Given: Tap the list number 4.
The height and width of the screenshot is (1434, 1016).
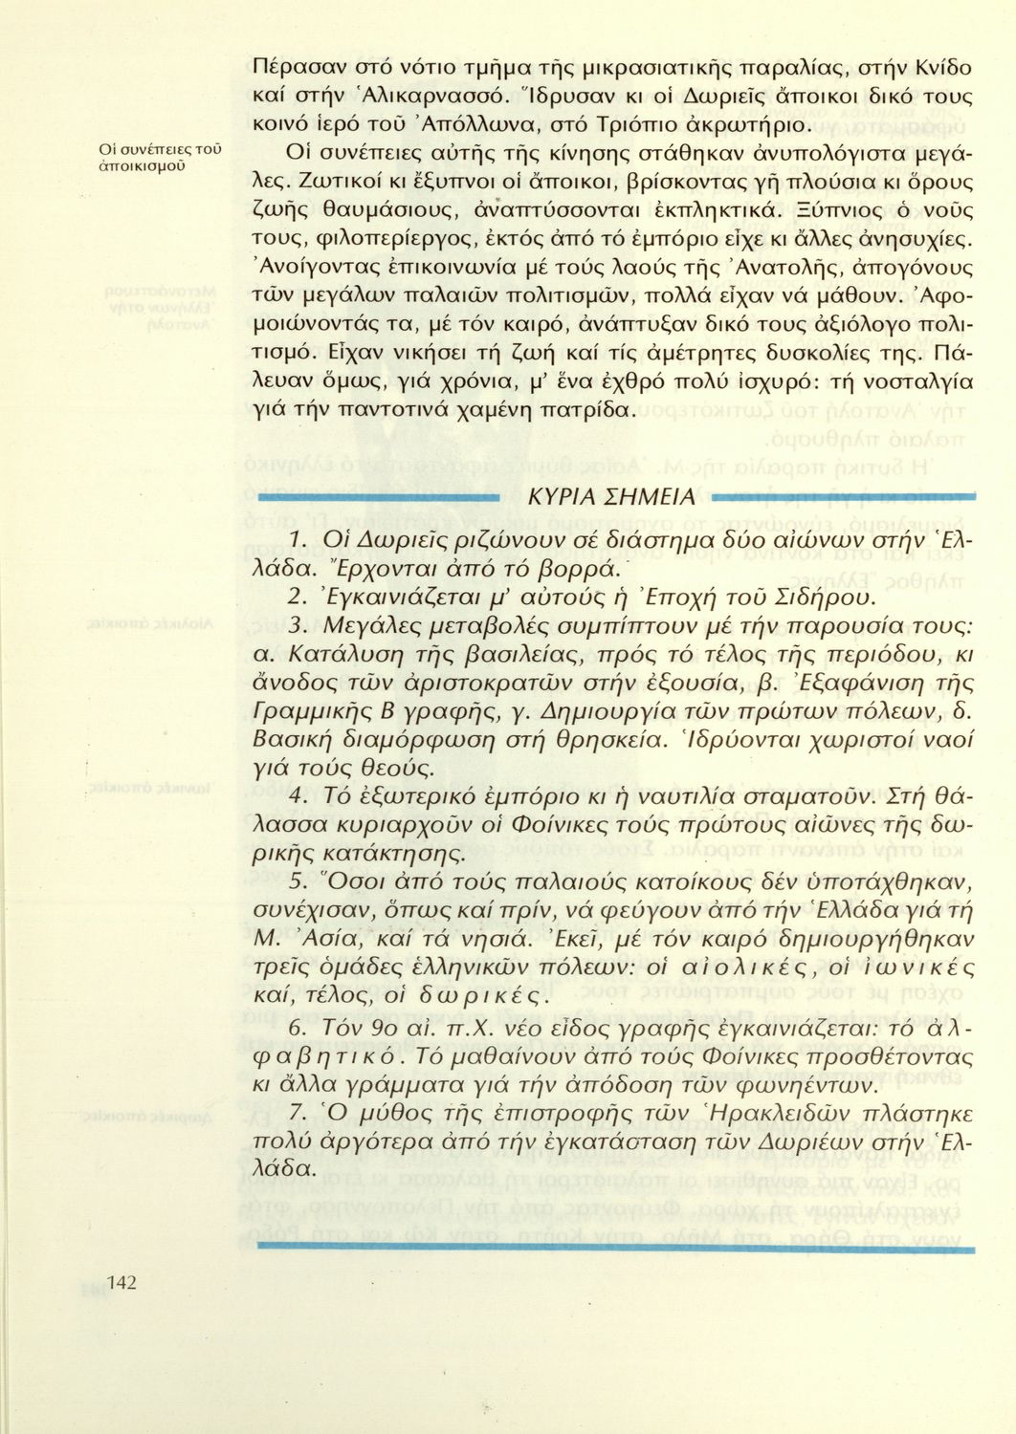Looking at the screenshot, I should point(297,794).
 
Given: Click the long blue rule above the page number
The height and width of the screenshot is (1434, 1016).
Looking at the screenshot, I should point(616,1249).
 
